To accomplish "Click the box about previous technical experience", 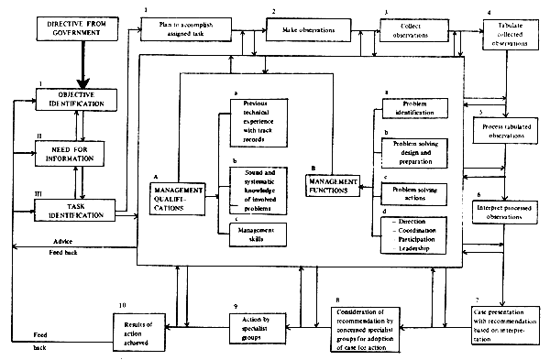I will pyautogui.click(x=252, y=118).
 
